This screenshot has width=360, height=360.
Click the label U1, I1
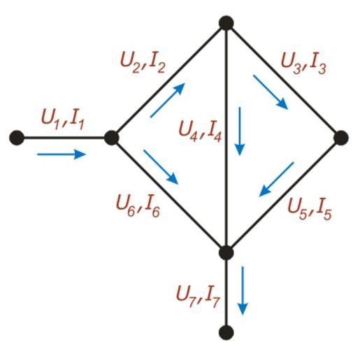(x=62, y=120)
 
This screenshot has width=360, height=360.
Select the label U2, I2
(x=143, y=63)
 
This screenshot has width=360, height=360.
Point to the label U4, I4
(x=200, y=131)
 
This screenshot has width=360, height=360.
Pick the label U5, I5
(x=310, y=209)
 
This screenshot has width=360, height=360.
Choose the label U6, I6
(x=138, y=206)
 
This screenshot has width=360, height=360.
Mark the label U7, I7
(x=198, y=296)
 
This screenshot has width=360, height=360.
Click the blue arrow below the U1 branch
(x=62, y=154)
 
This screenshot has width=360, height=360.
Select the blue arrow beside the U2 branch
(x=168, y=100)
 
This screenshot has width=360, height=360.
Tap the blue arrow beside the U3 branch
(x=271, y=92)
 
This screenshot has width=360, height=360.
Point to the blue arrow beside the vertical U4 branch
(x=240, y=131)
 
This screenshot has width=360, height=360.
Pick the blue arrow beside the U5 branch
(x=276, y=179)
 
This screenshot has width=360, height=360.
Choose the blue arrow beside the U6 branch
(x=161, y=167)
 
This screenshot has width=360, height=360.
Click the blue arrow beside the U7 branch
(x=243, y=291)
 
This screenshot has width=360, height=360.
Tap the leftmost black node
(x=17, y=138)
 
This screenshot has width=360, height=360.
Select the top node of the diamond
(x=226, y=23)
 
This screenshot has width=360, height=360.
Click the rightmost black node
(x=341, y=138)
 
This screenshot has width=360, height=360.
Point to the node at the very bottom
(x=226, y=333)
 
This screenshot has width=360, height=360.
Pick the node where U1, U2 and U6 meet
(x=112, y=138)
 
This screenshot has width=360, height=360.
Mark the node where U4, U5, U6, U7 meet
(x=226, y=252)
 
